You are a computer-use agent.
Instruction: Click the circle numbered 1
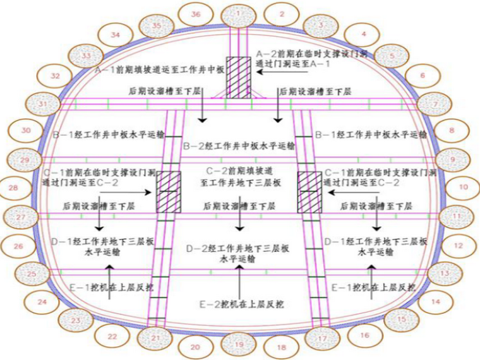237,13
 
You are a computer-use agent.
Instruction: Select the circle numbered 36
196,14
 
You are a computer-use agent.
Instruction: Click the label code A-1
102,71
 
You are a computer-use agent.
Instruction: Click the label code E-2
207,304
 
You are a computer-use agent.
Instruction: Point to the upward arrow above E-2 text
240,278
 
